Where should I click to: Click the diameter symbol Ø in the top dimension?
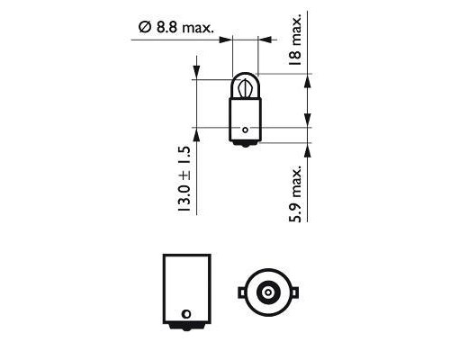pos(145,29)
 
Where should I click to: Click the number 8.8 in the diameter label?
pos(166,29)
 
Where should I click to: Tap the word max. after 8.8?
pos(196,29)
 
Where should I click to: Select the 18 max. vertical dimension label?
pos(296,43)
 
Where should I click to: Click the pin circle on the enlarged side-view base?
pos(185,314)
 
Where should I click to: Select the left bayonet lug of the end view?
pos(239,292)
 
